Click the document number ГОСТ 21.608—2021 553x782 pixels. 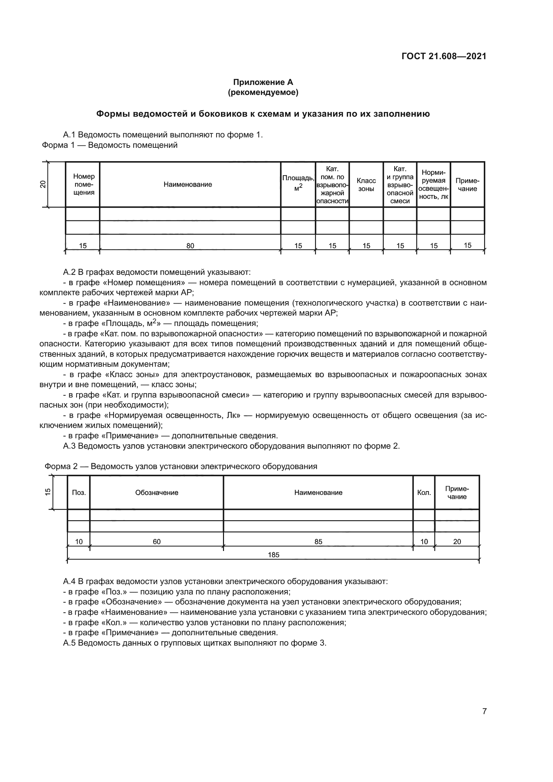(444, 56)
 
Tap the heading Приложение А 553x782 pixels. (263, 82)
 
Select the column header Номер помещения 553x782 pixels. (84, 184)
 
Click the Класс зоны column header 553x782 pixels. (366, 184)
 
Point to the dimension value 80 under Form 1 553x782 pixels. (190, 246)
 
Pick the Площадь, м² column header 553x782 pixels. (298, 183)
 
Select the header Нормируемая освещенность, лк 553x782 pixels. (434, 184)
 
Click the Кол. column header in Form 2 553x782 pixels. (424, 492)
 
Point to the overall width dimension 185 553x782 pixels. (273, 555)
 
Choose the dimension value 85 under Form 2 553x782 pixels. (318, 542)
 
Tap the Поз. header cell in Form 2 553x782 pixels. (79, 492)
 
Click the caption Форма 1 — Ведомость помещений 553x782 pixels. (110, 145)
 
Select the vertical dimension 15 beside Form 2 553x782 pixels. (48, 492)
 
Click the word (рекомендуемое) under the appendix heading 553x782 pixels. (263, 92)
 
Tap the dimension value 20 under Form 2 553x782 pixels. (457, 542)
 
